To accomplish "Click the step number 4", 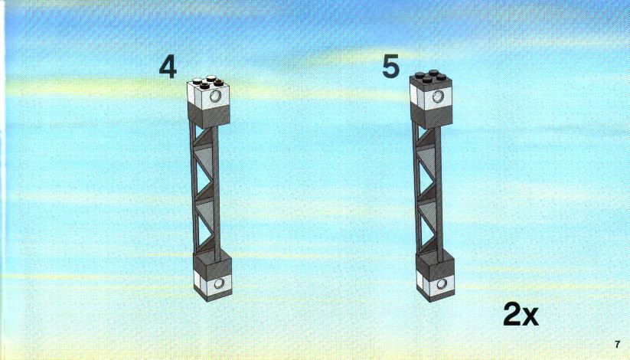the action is [x=168, y=67].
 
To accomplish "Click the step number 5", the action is [x=391, y=67].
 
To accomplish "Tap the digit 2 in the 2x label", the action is [x=513, y=314].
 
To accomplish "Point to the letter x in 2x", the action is [x=530, y=317].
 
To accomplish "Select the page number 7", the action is [x=618, y=345].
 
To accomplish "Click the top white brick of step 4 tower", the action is [x=208, y=93].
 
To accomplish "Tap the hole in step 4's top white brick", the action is [x=215, y=96].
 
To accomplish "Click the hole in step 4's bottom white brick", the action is [x=220, y=284].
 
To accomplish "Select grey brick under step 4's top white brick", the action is [x=209, y=114].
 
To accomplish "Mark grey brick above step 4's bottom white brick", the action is [x=212, y=264].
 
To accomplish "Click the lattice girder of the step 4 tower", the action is [x=205, y=190].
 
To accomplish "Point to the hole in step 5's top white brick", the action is [x=438, y=97].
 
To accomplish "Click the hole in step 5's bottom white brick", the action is [x=442, y=284].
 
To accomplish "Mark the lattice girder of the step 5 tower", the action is [x=427, y=190].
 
